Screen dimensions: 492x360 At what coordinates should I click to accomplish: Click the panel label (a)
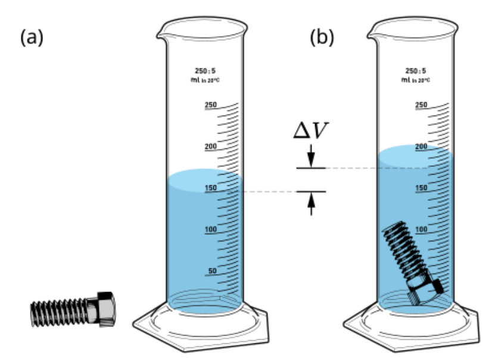point(32,38)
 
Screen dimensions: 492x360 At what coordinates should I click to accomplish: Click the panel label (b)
point(322,38)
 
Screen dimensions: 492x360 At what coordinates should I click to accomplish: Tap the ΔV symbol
point(311,130)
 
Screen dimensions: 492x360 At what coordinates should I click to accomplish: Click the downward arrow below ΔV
point(311,156)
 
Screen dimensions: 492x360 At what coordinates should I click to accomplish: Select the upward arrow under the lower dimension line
point(311,204)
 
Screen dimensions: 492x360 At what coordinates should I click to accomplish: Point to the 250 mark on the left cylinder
point(211,104)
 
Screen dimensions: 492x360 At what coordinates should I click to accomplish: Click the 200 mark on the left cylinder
point(211,146)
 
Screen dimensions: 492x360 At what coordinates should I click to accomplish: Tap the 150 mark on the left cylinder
point(211,188)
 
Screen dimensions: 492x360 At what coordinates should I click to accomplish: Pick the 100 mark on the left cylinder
point(211,229)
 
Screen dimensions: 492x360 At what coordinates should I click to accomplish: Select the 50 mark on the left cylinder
point(213,271)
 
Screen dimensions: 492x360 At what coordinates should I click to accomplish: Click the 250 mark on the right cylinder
point(421,104)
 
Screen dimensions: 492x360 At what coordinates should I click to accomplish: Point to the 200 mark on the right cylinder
point(421,146)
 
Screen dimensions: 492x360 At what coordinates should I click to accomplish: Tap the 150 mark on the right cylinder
point(421,188)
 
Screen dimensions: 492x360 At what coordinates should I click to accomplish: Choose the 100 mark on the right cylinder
point(421,229)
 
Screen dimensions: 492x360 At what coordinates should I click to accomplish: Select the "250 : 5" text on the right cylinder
point(415,70)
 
